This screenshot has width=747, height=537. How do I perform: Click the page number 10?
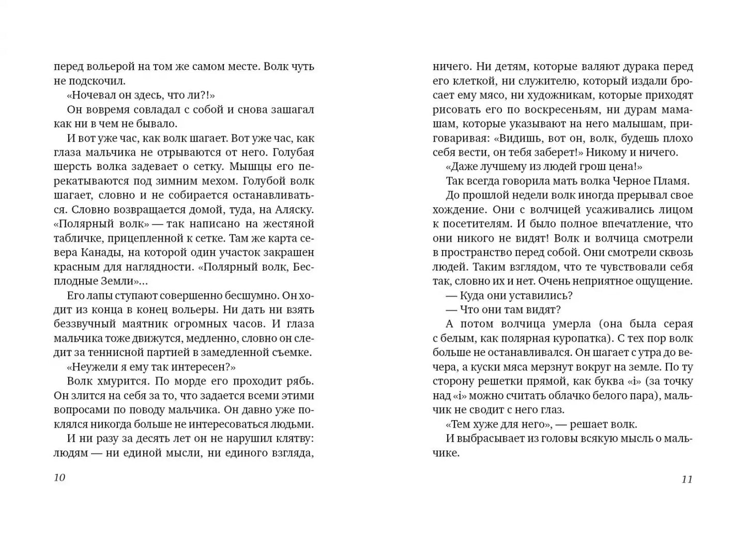(59, 478)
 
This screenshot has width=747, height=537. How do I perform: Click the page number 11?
(687, 479)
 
